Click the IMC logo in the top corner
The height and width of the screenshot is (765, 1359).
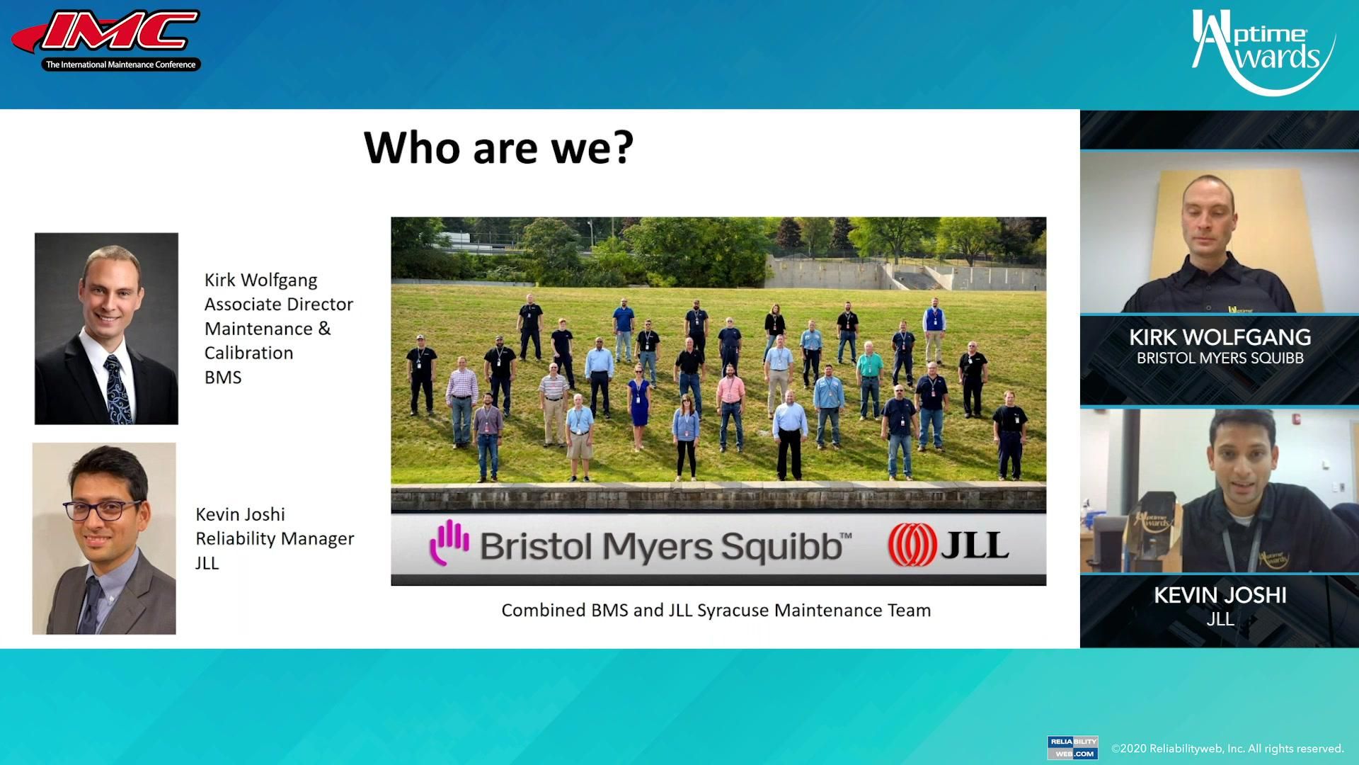[x=106, y=40]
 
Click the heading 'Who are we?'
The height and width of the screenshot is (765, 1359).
[x=498, y=147]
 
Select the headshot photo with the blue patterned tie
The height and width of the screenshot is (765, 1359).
[x=106, y=329]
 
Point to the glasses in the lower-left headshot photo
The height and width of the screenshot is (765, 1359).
[x=103, y=509]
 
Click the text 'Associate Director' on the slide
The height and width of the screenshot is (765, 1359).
[x=279, y=304]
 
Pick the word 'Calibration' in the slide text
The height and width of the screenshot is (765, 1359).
[x=248, y=353]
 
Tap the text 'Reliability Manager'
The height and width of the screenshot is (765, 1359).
[x=275, y=538]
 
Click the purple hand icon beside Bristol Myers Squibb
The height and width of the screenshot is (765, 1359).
[x=449, y=543]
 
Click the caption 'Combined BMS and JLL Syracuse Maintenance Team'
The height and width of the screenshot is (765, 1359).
[x=716, y=611]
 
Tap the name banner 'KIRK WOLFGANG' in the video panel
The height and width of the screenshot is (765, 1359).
[x=1220, y=337]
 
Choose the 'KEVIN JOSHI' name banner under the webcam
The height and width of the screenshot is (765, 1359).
[x=1220, y=595]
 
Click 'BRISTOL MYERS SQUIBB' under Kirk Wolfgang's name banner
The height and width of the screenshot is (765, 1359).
[x=1220, y=358]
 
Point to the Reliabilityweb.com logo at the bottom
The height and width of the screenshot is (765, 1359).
[x=1072, y=748]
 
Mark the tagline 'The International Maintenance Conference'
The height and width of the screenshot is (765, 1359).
[x=121, y=64]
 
